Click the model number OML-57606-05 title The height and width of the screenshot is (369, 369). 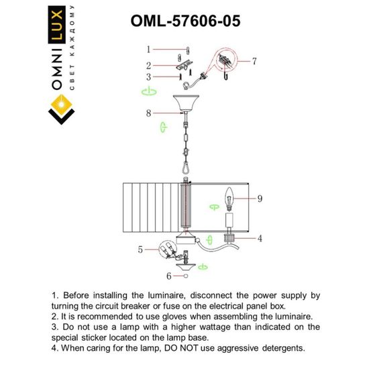(x=184, y=20)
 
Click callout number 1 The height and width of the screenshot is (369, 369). (x=150, y=49)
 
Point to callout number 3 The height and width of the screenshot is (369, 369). (x=150, y=76)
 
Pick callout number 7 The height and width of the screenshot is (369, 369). (x=254, y=61)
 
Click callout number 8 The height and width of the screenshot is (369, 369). (x=150, y=113)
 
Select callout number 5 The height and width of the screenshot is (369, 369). (x=140, y=250)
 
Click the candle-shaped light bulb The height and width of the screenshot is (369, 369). (x=228, y=199)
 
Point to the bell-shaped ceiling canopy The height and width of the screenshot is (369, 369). (x=184, y=105)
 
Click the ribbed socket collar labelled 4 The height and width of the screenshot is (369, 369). (x=228, y=237)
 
